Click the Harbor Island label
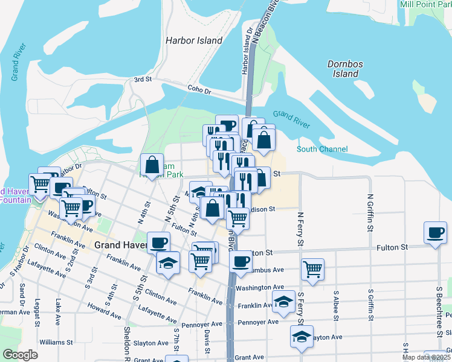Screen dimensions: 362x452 (194, 40)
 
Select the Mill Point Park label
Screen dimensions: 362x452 (425, 4)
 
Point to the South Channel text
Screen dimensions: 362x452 (322, 149)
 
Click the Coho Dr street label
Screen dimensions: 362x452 (199, 91)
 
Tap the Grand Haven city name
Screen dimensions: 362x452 (121, 246)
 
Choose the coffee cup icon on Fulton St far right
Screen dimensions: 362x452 (435, 232)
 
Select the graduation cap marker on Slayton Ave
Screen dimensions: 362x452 (302, 337)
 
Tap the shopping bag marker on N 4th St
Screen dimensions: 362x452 (152, 164)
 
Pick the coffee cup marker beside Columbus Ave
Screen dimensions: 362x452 (241, 261)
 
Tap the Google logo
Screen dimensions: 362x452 (21, 355)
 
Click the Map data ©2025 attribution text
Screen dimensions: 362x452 (426, 357)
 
